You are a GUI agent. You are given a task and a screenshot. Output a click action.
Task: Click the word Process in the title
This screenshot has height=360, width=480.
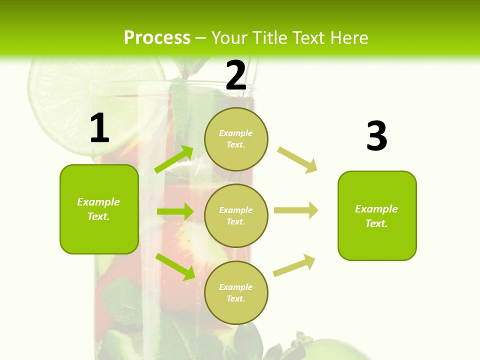(x=157, y=38)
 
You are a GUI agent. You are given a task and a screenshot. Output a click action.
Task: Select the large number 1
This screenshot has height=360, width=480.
(x=99, y=128)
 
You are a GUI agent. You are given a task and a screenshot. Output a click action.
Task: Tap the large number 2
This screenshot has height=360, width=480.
(x=236, y=75)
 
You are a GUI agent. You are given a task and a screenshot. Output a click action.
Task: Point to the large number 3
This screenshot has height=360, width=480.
(x=376, y=136)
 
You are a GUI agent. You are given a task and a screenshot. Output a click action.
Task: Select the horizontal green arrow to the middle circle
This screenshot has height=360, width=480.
(x=175, y=211)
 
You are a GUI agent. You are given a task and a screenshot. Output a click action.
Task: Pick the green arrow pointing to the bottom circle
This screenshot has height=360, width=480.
(x=175, y=266)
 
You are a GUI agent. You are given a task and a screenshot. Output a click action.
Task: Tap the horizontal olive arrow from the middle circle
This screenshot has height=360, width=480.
(x=296, y=210)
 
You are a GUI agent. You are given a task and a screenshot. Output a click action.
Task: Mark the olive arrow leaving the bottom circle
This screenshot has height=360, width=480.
(x=294, y=265)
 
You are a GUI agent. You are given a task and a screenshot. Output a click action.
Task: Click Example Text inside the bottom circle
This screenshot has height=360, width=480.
(x=235, y=293)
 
